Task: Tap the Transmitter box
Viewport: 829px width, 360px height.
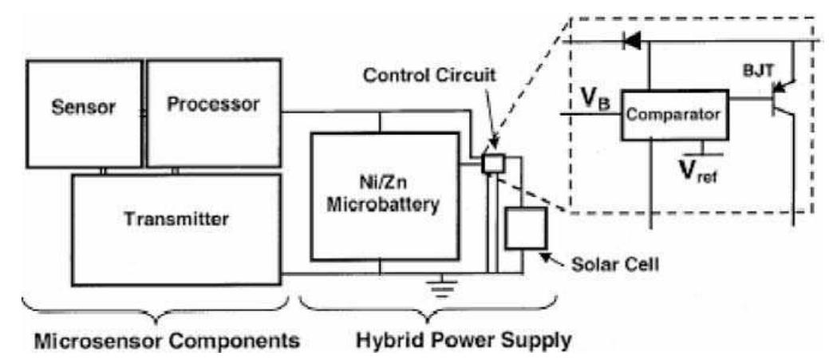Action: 176,229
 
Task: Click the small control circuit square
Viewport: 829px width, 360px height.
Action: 492,163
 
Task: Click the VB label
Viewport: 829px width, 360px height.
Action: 591,101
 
